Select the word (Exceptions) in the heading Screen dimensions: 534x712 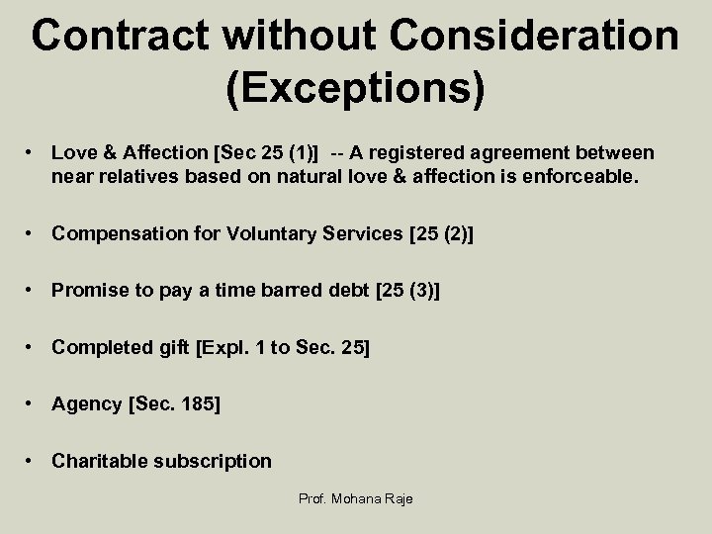[356, 87]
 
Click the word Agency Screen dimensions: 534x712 [86, 404]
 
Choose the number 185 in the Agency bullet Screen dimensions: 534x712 [201, 404]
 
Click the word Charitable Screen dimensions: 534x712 [101, 461]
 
